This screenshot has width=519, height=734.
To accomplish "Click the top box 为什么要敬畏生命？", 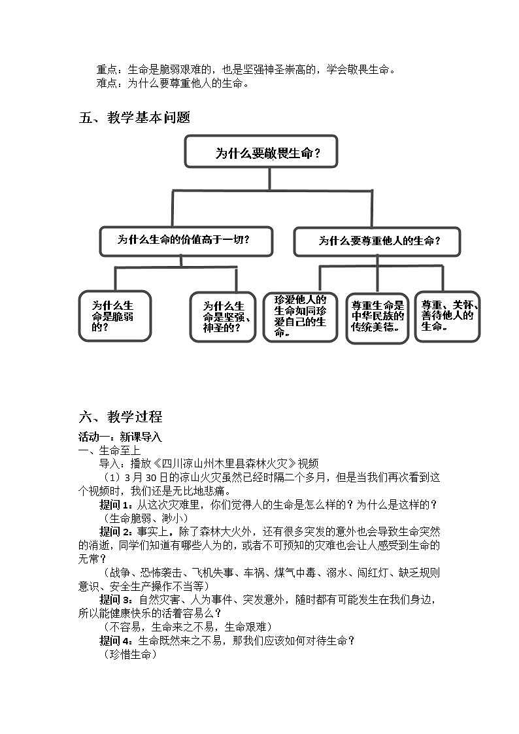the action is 261,154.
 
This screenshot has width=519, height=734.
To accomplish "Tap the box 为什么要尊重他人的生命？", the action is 377,241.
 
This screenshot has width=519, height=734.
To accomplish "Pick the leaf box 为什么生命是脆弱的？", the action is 114,316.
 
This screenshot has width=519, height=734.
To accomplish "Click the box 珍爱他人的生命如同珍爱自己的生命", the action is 300,317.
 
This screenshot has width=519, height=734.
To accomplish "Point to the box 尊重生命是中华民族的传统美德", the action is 378,318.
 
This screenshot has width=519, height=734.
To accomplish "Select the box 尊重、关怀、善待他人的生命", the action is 448,317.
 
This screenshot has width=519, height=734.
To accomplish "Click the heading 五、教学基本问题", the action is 134,118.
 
